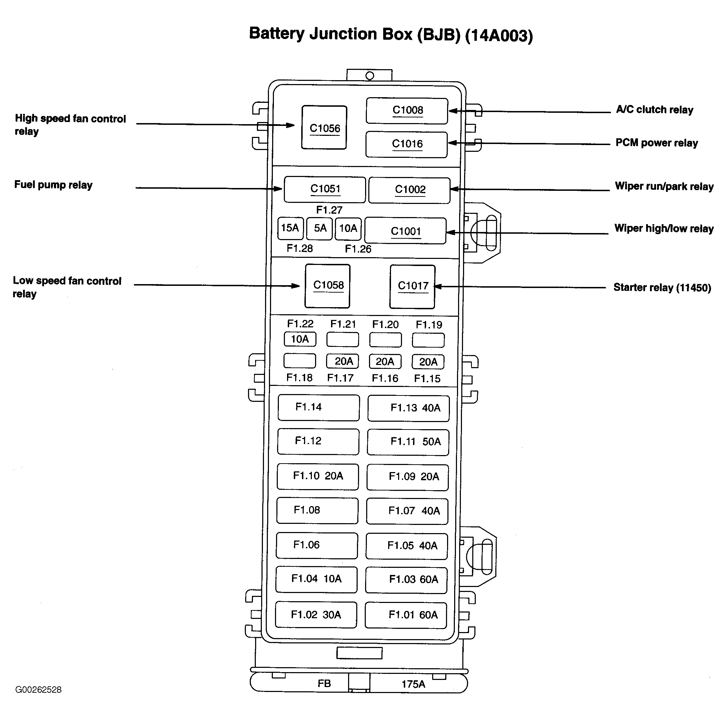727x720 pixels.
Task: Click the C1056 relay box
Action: coord(324,128)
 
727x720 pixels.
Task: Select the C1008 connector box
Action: coord(407,111)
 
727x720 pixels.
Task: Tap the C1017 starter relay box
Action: coord(412,286)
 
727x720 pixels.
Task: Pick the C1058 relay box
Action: coord(327,286)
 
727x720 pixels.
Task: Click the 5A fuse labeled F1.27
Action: coord(319,228)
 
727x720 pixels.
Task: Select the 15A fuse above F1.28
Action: coord(290,228)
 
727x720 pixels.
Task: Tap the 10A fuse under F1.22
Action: coord(300,339)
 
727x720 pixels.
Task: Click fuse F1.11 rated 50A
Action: coord(408,442)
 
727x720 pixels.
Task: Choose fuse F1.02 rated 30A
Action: coord(316,615)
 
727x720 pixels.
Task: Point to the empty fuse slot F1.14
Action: coord(318,408)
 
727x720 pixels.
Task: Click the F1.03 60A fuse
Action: coord(406,580)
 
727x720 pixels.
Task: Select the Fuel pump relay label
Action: coord(54,185)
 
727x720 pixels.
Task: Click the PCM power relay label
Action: coord(657,143)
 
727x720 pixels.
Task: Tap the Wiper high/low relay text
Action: coord(664,228)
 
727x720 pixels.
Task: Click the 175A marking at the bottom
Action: coord(413,684)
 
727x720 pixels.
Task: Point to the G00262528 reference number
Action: coord(38,689)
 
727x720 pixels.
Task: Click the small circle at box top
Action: coord(369,76)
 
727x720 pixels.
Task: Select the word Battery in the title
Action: coord(277,34)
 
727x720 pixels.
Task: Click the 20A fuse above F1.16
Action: coord(385,361)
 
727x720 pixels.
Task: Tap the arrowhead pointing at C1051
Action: coord(278,188)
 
